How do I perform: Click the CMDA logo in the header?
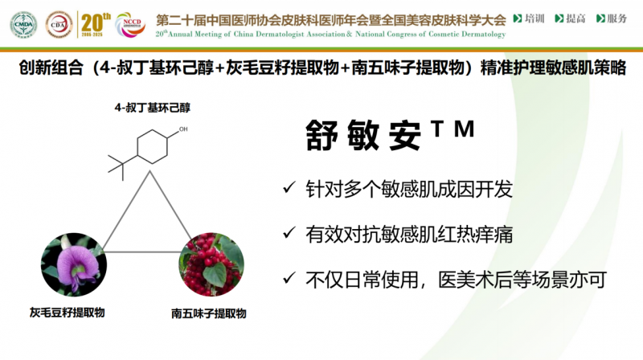[x=24, y=25]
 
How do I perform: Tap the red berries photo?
[x=211, y=264]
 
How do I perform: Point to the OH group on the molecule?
[x=183, y=129]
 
